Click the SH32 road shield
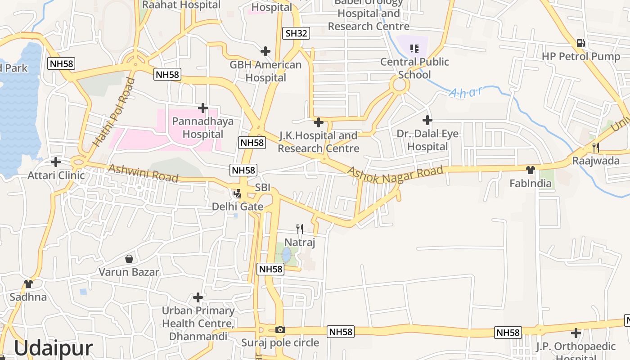(x=297, y=33)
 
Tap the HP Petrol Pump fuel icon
(x=581, y=43)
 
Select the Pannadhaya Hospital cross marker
(x=203, y=108)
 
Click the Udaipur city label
(x=54, y=348)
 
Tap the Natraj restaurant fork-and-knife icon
(x=300, y=229)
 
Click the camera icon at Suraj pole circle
(x=280, y=329)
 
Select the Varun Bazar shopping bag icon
(x=129, y=259)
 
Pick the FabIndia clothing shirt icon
(x=531, y=170)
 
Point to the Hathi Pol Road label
(x=114, y=112)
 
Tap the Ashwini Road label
(x=143, y=173)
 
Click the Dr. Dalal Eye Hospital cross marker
(x=427, y=120)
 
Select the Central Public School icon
(x=414, y=49)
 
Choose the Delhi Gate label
(x=238, y=207)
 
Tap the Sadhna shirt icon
(x=28, y=283)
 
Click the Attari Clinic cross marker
(x=56, y=162)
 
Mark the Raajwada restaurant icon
(x=596, y=147)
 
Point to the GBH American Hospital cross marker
(x=265, y=51)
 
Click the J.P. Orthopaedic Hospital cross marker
(x=576, y=333)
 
